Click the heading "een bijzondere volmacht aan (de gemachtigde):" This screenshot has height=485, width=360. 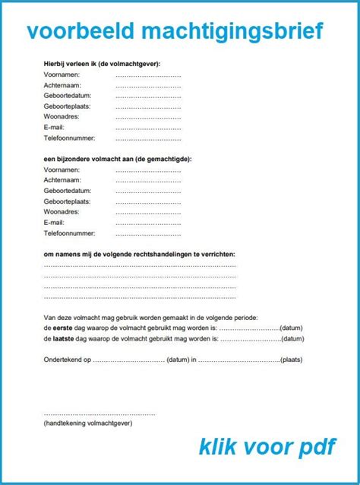click(118, 160)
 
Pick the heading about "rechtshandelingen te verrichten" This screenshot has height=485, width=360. click(139, 254)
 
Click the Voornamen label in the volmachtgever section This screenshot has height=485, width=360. click(63, 75)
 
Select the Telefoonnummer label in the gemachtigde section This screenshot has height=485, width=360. click(69, 233)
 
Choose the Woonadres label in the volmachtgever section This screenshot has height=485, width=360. click(62, 118)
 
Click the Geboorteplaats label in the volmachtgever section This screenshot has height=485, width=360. click(67, 107)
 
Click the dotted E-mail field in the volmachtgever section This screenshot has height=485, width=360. click(148, 129)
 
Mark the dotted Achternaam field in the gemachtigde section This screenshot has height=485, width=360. click(148, 181)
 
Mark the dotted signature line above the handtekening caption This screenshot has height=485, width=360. click(99, 414)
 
